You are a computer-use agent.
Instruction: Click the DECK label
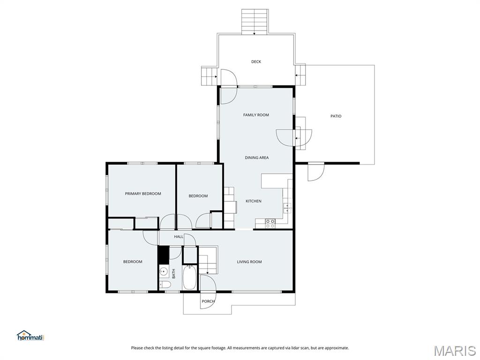(256, 62)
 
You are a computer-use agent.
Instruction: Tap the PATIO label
(336, 116)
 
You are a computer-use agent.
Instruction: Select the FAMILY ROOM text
(256, 115)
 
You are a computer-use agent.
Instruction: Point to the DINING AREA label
(257, 158)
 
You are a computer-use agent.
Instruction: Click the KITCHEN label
(254, 202)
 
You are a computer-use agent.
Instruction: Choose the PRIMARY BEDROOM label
(143, 194)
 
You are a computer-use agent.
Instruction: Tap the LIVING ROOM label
(249, 262)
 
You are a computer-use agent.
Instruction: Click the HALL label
(179, 237)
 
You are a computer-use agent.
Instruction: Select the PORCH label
(208, 301)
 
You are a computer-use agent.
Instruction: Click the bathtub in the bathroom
(190, 277)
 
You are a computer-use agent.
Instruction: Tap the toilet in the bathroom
(164, 285)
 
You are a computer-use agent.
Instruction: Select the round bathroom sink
(164, 271)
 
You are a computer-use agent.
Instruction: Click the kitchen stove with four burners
(270, 224)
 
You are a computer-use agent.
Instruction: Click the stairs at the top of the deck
(254, 22)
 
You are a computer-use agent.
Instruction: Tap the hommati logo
(30, 336)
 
